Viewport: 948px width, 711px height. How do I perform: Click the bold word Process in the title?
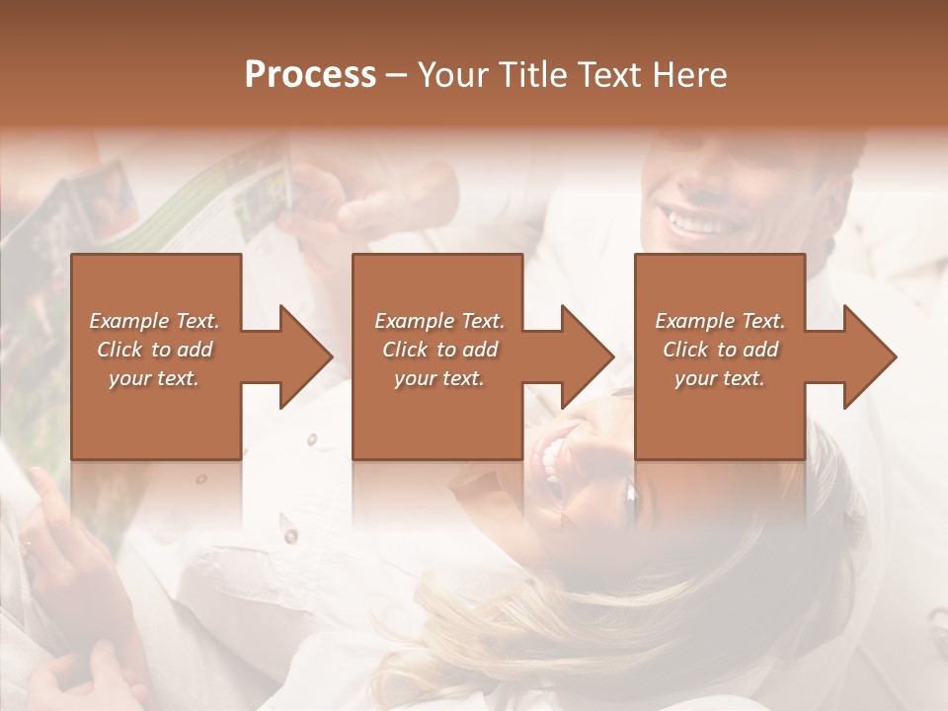[x=310, y=75]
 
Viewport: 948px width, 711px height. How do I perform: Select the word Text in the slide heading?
[x=612, y=75]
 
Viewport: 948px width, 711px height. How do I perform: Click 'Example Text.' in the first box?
[x=154, y=321]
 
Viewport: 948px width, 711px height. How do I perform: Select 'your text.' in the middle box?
[x=438, y=378]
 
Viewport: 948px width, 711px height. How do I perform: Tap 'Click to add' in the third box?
[x=720, y=350]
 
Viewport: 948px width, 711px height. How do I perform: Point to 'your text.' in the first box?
[x=154, y=378]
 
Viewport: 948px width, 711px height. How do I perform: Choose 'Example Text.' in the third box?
[x=720, y=321]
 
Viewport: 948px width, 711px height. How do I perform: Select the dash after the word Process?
[x=397, y=75]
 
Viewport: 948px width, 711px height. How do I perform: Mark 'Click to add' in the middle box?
[x=438, y=350]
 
